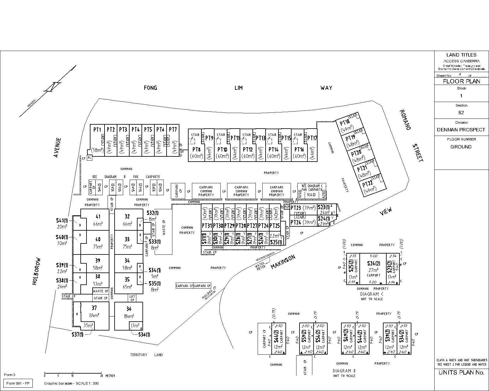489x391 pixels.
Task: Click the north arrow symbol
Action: coord(53,86)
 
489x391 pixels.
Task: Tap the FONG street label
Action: coord(150,88)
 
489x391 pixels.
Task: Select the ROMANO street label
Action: coord(405,120)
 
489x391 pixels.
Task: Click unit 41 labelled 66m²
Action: coord(98,220)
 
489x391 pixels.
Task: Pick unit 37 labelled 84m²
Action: coord(94,312)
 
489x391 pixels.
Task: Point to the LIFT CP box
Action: coord(132,298)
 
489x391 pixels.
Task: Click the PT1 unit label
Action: coord(97,130)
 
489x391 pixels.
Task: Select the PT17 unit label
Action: coord(312,138)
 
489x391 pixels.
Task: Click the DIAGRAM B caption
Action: coord(344,371)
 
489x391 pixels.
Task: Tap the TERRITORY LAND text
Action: coord(146,355)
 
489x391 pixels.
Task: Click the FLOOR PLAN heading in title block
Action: coord(461,81)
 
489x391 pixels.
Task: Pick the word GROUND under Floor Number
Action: coord(461,147)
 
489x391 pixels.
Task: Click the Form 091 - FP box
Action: coord(18,383)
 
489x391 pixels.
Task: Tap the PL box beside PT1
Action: coord(89,158)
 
